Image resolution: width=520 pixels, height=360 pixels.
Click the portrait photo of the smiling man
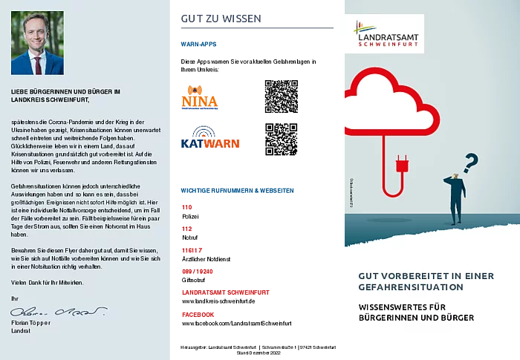(x=37, y=43)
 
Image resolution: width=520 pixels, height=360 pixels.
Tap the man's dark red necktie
(x=37, y=65)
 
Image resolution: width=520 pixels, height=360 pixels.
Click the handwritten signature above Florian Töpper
(x=58, y=311)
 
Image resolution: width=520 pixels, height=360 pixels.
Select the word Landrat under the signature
(x=21, y=330)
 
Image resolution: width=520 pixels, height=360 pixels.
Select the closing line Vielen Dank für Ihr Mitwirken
(x=48, y=284)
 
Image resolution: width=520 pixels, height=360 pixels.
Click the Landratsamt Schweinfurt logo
(x=385, y=33)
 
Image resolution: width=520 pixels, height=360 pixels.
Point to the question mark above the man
(x=469, y=161)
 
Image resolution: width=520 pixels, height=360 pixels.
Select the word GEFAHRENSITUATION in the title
(x=411, y=287)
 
